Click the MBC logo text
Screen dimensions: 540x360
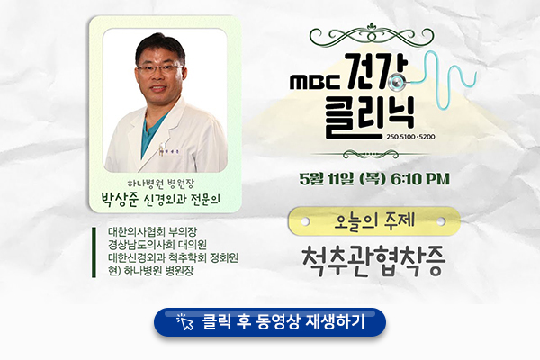click(315, 82)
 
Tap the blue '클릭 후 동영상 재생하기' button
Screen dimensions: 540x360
click(270, 322)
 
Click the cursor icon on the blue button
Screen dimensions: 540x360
click(185, 322)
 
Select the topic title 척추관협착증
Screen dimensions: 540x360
click(373, 261)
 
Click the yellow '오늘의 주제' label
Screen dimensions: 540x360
click(374, 221)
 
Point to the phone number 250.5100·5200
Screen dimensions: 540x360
click(410, 137)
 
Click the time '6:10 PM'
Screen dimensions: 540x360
click(420, 179)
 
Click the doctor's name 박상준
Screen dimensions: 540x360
click(119, 199)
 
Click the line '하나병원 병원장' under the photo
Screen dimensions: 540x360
click(161, 184)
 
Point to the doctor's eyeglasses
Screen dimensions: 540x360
click(160, 68)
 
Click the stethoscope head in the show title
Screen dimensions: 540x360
click(396, 82)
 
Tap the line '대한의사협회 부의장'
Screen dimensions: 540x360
click(152, 231)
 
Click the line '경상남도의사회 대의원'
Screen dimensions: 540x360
click(157, 244)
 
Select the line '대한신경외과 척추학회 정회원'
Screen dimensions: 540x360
click(173, 257)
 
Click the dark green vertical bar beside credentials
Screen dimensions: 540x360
click(94, 252)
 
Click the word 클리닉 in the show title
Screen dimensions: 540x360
click(370, 117)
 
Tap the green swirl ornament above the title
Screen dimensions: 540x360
click(372, 35)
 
